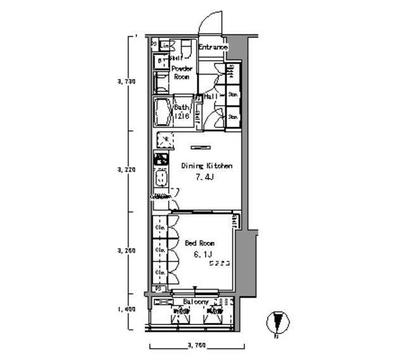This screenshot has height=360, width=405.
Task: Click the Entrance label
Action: [x=213, y=47]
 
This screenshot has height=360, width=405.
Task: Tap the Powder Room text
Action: [x=182, y=72]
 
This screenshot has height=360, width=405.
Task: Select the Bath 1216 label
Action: [x=182, y=111]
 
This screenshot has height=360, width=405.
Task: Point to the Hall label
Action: [x=211, y=96]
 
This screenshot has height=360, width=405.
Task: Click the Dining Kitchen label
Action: [x=207, y=166]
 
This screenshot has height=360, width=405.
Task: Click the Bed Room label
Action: [x=199, y=242]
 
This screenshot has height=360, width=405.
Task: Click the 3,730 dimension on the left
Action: [x=127, y=82]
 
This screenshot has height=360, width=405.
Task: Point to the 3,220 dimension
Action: [x=127, y=170]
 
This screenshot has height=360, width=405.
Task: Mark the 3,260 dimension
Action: [x=127, y=251]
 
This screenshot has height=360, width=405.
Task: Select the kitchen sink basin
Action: [x=161, y=178]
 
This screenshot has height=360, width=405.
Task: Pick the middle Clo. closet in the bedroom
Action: [x=161, y=249]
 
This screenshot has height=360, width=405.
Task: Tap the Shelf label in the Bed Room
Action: [x=235, y=221]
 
